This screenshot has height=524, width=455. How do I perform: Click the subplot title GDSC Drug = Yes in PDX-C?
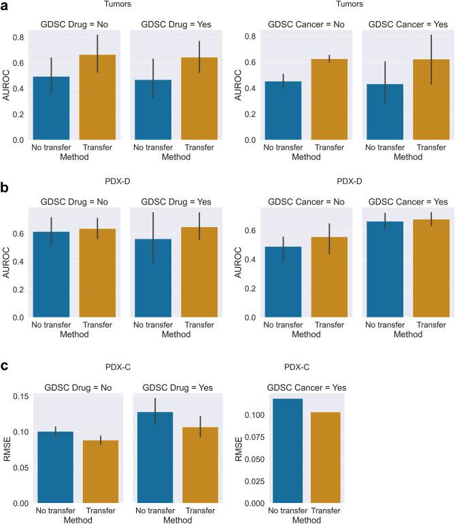(x=176, y=387)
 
